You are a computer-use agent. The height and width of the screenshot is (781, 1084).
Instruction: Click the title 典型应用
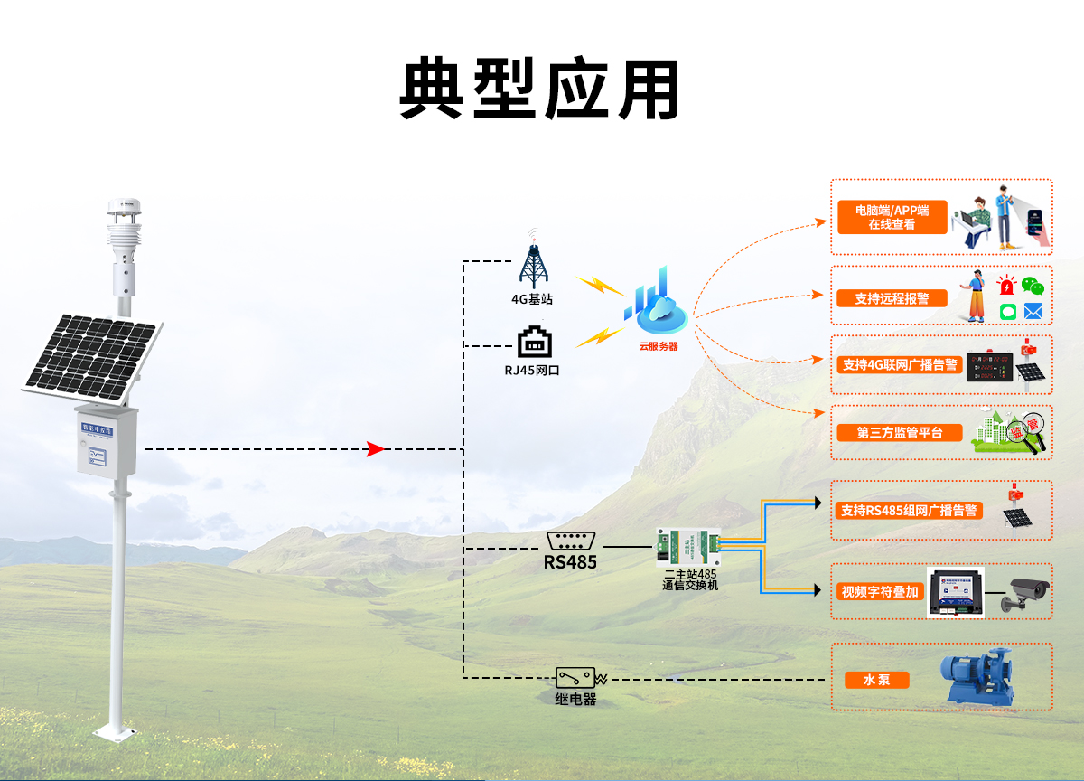[x=539, y=89]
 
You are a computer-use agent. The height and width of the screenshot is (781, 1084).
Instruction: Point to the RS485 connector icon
[x=570, y=541]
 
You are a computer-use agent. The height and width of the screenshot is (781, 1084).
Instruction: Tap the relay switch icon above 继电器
[x=575, y=678]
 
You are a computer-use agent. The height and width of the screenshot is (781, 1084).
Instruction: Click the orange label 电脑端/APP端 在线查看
[x=892, y=217]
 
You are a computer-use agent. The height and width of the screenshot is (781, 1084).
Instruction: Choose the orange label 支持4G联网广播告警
[x=899, y=364]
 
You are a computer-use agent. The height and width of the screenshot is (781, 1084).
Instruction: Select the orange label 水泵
[x=876, y=680]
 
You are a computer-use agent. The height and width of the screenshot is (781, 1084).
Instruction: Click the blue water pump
[x=977, y=676]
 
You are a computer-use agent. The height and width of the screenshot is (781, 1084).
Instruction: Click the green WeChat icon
[x=1033, y=287]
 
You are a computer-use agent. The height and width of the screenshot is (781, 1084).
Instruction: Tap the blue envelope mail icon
[x=1033, y=312]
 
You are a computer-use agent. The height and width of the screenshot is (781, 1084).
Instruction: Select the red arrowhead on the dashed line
[x=376, y=449]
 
